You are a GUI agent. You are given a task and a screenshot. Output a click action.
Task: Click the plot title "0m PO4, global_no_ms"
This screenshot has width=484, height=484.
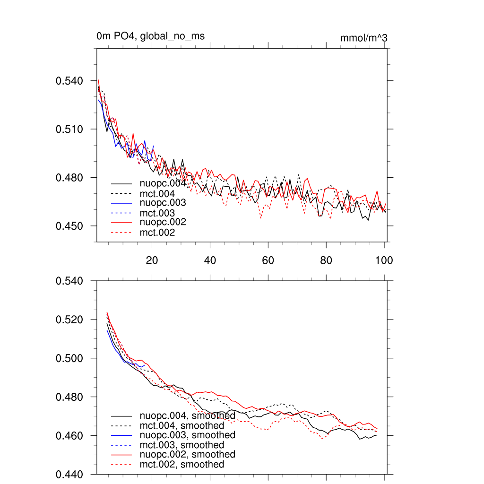point(150,36)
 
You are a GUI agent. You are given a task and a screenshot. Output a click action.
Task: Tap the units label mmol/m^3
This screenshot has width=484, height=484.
point(363,38)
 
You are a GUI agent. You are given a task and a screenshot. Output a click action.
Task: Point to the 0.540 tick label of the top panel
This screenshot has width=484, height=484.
point(69,81)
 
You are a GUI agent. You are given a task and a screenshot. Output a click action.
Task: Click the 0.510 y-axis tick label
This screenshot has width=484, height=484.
point(69,129)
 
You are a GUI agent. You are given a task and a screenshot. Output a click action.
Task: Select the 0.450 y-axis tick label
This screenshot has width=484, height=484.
point(69,226)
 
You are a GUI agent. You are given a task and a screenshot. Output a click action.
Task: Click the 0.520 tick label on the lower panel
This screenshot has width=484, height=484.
point(69,320)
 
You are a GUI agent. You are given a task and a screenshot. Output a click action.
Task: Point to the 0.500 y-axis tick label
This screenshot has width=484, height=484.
point(69,358)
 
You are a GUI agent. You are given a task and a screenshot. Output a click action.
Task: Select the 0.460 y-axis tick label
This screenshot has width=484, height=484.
point(69,435)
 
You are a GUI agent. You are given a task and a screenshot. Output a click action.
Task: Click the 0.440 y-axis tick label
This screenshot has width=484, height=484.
point(69,474)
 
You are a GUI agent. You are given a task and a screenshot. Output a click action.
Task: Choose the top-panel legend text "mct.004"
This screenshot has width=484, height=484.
point(157,194)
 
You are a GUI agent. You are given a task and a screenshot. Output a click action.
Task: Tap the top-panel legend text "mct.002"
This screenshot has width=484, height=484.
point(157,233)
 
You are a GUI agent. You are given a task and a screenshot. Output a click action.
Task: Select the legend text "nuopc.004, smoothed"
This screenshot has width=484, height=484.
point(188,416)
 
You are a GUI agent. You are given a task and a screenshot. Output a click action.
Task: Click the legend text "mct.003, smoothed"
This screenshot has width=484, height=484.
point(182,445)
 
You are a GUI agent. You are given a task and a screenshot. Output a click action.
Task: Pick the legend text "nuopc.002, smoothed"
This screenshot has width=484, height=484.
point(188,454)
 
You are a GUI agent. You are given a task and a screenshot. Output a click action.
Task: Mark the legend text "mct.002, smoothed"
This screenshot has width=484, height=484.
point(182,465)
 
